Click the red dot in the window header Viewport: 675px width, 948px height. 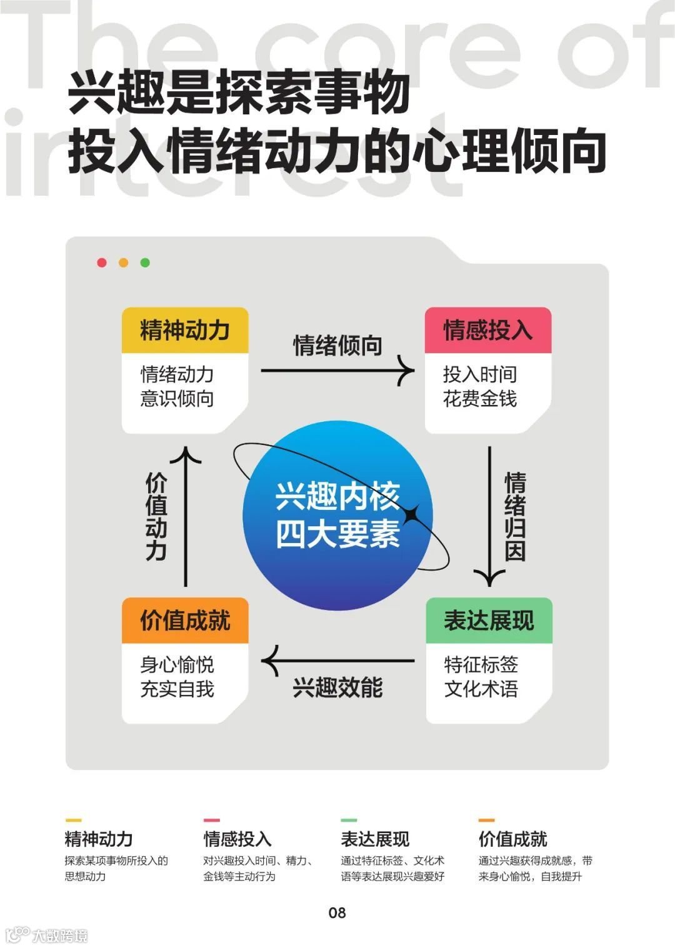click(102, 262)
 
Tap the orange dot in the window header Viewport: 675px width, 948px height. click(123, 262)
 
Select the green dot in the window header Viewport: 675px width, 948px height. click(145, 262)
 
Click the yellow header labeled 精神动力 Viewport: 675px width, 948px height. click(185, 330)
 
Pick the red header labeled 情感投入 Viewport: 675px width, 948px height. click(487, 330)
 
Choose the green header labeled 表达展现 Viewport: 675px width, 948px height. click(489, 621)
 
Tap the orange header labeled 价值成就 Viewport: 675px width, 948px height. click(185, 621)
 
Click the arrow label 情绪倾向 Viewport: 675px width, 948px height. click(337, 346)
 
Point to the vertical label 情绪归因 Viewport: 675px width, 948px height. click(516, 517)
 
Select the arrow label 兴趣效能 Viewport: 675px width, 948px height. click(337, 688)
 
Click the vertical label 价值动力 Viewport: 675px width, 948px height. click(156, 517)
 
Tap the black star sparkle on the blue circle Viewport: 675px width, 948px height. click(411, 516)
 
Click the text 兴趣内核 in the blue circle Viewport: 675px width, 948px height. click(337, 497)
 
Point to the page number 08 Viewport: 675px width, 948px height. click(337, 912)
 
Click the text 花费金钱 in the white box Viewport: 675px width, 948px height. click(480, 399)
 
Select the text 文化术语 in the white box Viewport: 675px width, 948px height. click(481, 689)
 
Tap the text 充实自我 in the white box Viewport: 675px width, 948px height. click(177, 689)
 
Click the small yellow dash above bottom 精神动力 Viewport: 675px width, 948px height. click(73, 820)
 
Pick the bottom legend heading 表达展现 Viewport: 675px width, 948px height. click(375, 839)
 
